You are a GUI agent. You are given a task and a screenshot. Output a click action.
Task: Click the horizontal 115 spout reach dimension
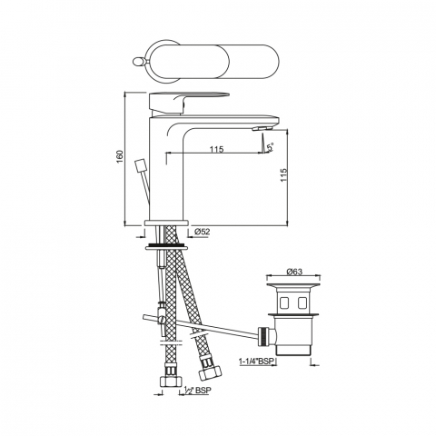point(217,149)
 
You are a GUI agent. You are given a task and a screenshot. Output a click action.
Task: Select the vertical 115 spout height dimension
point(283,175)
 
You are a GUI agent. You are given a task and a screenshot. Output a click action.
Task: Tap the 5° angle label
point(271,147)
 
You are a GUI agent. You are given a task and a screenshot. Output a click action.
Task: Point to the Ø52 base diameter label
point(202,232)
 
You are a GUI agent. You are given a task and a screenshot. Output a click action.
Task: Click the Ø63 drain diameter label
point(294,272)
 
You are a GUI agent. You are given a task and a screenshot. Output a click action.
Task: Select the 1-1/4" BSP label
point(256,362)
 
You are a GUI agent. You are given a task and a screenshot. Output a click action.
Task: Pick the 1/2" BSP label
point(197,391)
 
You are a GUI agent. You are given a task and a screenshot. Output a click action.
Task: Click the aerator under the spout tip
point(263,129)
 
